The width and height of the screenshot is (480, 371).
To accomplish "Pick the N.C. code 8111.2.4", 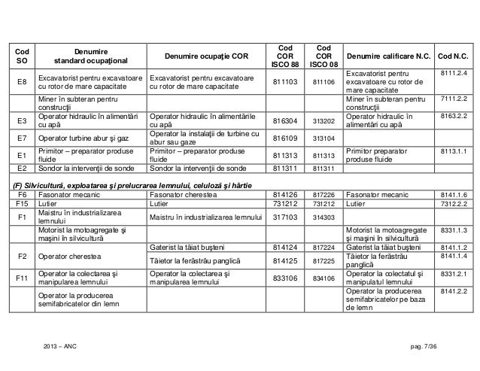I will pos(454,73).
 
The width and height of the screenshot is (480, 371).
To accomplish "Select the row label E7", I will pos(23,138).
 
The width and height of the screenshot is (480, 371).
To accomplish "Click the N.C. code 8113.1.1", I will pos(454,151).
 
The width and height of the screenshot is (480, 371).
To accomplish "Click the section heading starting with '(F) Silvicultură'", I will pos(135,185).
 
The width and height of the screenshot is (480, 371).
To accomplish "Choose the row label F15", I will pos(23,202).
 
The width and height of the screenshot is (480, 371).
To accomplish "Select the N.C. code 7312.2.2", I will pos(454,202).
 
